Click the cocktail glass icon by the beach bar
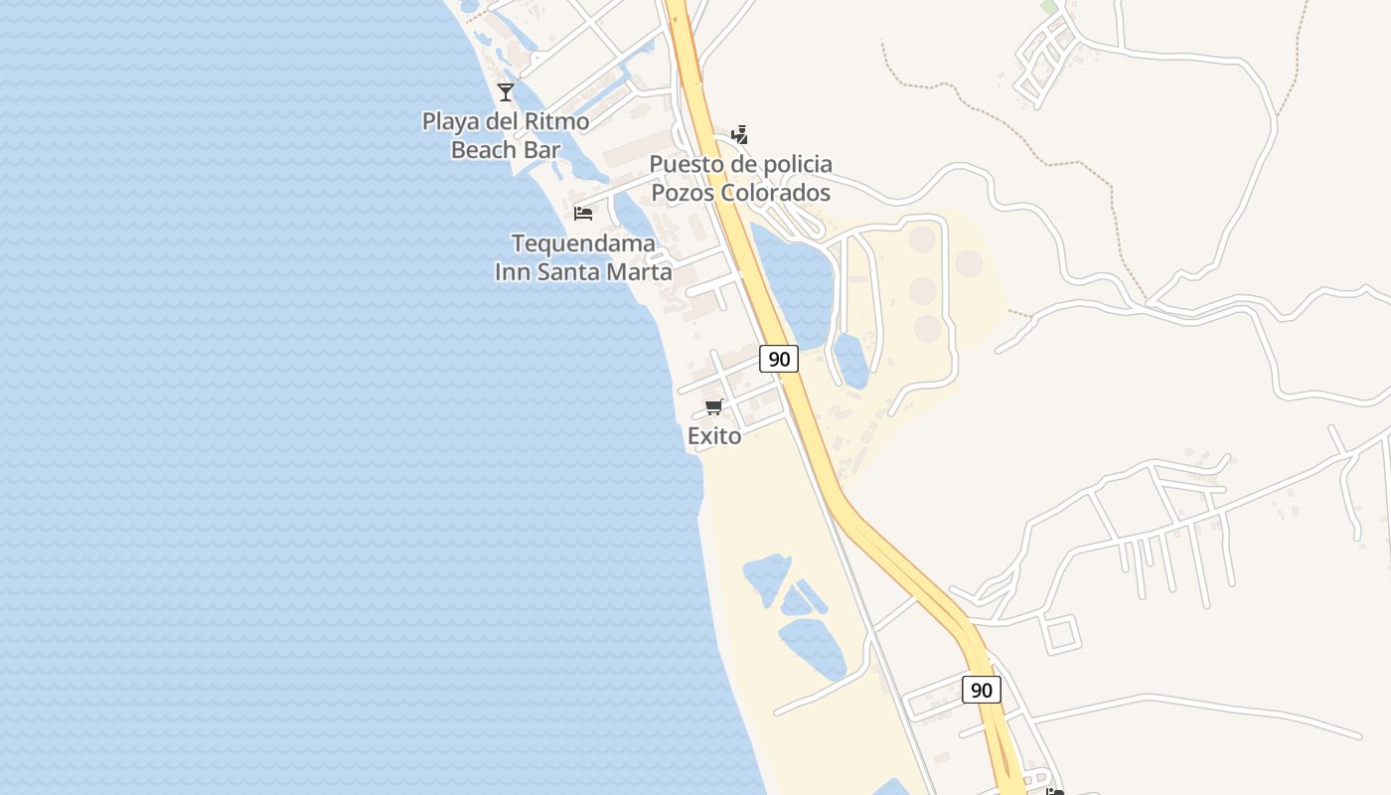(506, 92)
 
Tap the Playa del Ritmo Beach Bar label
(505, 135)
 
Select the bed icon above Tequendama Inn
(583, 214)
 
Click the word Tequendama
(583, 243)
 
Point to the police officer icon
(739, 134)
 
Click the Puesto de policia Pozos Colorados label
(741, 178)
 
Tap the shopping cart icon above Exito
(713, 406)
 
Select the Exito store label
(714, 435)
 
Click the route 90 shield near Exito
(779, 359)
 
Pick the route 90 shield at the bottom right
(981, 690)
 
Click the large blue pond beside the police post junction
(795, 278)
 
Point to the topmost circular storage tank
(922, 238)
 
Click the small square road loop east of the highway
(1061, 634)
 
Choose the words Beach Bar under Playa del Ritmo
(505, 150)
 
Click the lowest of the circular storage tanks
(928, 328)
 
